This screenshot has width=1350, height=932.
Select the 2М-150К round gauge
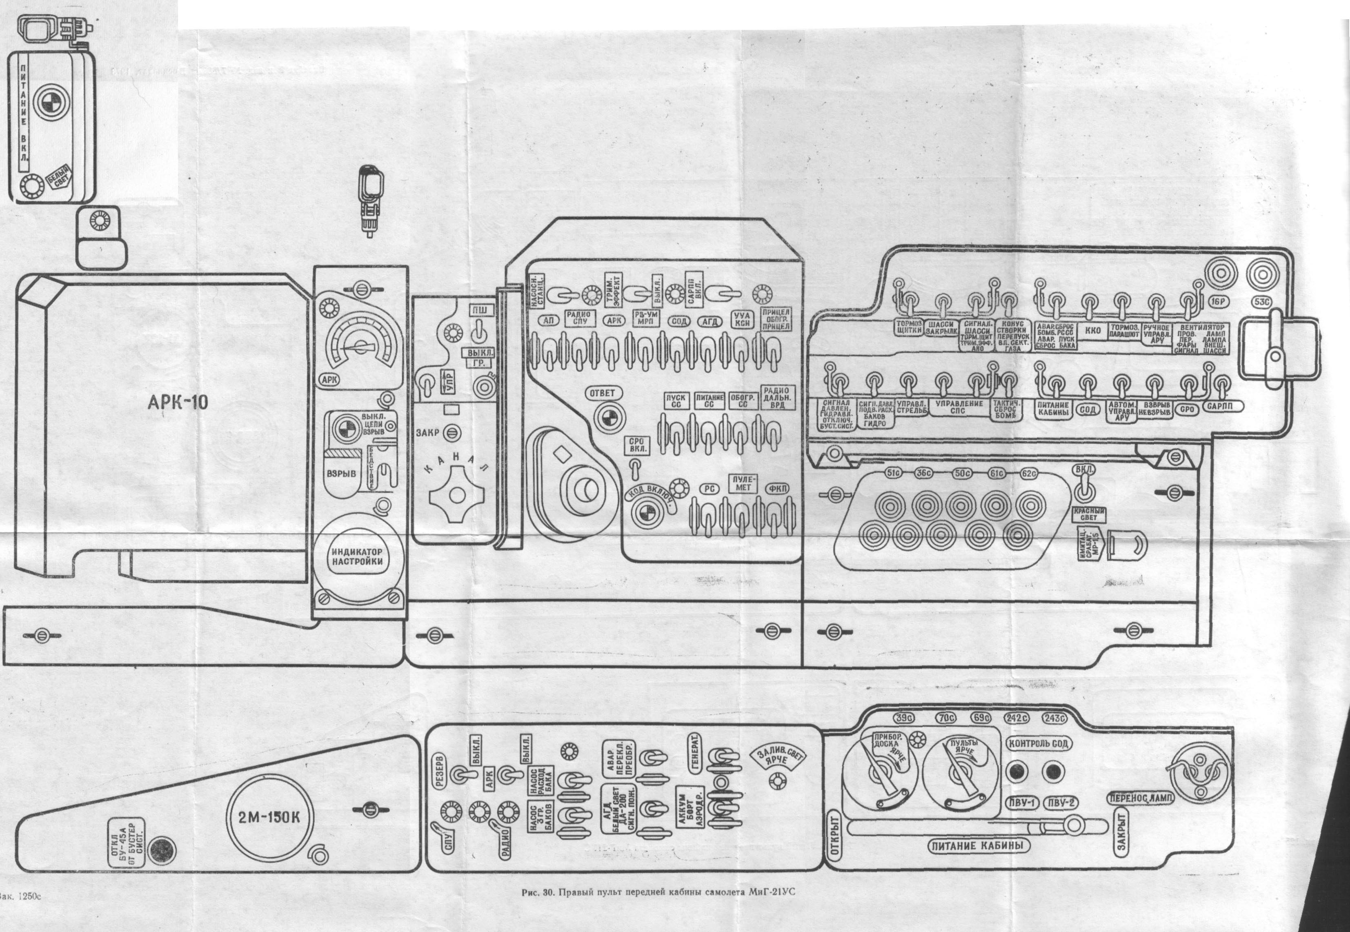click(x=269, y=818)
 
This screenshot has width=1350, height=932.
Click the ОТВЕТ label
click(x=603, y=394)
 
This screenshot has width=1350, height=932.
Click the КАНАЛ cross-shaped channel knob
click(x=457, y=496)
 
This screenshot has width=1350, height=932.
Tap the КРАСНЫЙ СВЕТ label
click(x=1089, y=514)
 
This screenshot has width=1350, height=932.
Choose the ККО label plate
click(x=1092, y=331)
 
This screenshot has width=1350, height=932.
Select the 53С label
click(x=1262, y=302)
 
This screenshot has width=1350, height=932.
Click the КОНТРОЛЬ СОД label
click(x=1038, y=744)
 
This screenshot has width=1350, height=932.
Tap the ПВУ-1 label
click(x=1022, y=803)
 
